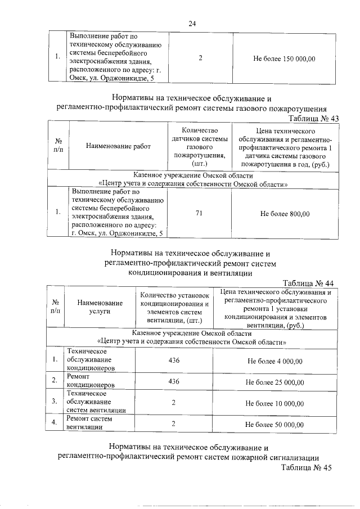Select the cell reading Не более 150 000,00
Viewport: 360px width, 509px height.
[285, 58]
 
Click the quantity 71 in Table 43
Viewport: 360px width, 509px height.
[200, 213]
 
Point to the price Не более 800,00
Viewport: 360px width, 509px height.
[285, 213]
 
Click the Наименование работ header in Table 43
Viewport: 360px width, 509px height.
[119, 146]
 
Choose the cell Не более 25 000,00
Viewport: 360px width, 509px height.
[275, 382]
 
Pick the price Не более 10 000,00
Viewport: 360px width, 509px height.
[275, 403]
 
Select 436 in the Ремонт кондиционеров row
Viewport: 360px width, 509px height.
[174, 382]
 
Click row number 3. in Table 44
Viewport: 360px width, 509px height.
[54, 403]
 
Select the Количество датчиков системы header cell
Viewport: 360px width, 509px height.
[200, 146]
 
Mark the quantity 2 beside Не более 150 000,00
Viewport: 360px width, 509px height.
[200, 58]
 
